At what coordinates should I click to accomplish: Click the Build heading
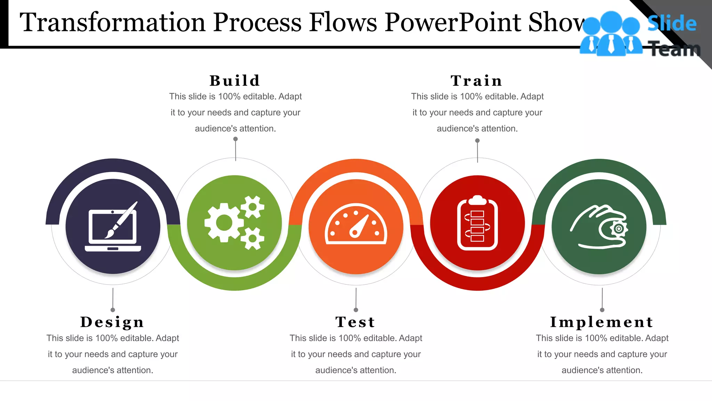235,81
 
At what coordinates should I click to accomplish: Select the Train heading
477,81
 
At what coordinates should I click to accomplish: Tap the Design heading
112,322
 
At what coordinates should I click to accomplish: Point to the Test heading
355,322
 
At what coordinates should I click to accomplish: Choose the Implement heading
602,322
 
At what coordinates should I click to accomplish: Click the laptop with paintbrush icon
113,227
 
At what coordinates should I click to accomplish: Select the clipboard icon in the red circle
477,223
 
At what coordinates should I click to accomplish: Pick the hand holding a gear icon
599,227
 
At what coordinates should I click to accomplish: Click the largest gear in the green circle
224,223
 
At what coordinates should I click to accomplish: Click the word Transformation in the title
112,22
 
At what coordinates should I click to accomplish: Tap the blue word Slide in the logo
672,24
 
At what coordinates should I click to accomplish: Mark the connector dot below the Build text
235,139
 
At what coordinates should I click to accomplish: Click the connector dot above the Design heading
113,310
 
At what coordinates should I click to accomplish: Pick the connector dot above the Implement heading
602,310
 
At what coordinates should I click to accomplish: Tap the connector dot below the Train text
477,141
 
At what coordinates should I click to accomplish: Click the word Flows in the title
343,22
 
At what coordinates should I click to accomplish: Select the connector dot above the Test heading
356,310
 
